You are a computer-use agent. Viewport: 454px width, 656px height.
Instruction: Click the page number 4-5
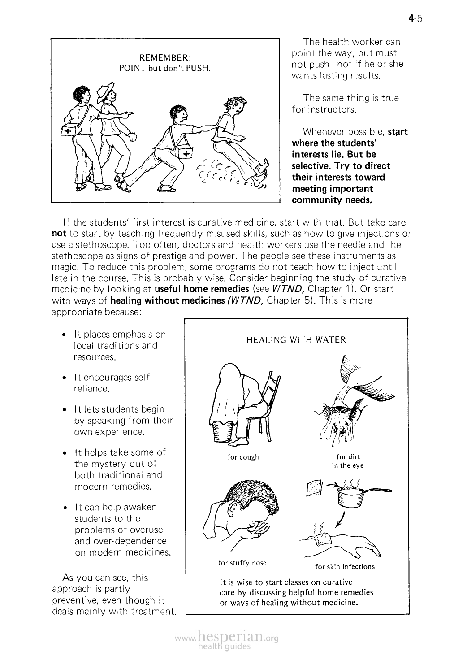(x=415, y=18)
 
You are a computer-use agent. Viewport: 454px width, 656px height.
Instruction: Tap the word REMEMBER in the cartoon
(x=165, y=58)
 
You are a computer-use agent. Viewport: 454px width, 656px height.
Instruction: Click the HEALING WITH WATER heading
(x=296, y=340)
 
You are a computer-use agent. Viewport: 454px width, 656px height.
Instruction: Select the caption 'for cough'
(x=243, y=457)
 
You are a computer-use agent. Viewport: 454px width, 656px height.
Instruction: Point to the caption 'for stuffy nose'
(x=242, y=563)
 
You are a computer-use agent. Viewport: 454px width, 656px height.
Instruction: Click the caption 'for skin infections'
(x=345, y=567)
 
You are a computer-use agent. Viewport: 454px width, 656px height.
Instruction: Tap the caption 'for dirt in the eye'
(x=348, y=461)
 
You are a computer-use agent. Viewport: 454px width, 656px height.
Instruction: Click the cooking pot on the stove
(x=351, y=495)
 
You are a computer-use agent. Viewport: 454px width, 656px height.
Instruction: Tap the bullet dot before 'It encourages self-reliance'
(x=65, y=378)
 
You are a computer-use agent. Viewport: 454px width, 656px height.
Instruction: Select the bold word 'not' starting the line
(x=60, y=234)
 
